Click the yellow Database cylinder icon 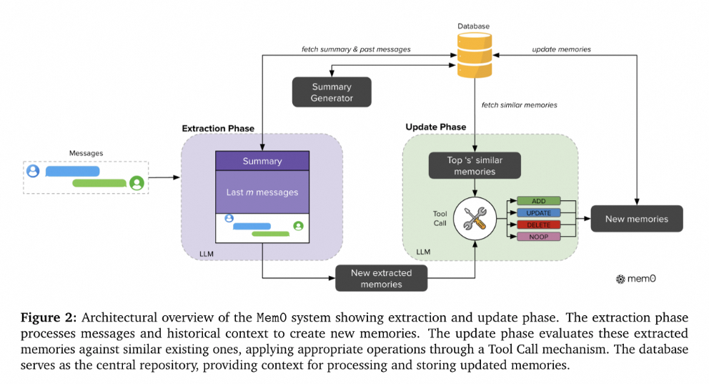coord(475,55)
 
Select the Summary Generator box coord(332,92)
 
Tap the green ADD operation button coord(538,201)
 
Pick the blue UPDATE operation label coord(538,212)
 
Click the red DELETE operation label coord(538,225)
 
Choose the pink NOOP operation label coord(538,237)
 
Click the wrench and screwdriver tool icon coord(475,219)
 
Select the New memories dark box coord(637,219)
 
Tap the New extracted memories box coord(381,278)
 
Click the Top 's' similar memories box coord(475,165)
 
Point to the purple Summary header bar coord(262,161)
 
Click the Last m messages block coord(262,192)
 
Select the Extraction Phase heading coord(218,129)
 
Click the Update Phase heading coord(436,127)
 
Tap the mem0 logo coord(636,279)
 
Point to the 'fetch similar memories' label coord(519,105)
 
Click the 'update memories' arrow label coord(561,49)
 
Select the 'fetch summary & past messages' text coord(356,49)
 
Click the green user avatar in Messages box coord(137,183)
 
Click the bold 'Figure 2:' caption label coord(49,318)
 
